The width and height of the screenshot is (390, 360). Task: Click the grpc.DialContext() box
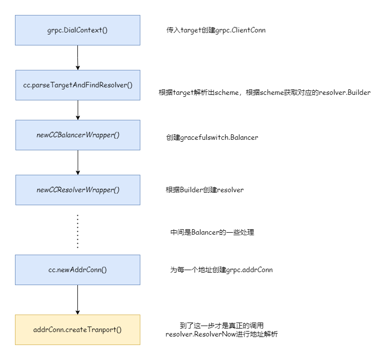tap(77, 30)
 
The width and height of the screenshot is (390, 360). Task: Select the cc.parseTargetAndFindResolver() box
tap(77, 85)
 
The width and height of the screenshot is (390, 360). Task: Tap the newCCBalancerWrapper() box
tap(77, 135)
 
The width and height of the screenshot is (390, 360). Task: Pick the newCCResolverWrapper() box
tap(77, 190)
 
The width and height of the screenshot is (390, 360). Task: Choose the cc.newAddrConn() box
tap(77, 270)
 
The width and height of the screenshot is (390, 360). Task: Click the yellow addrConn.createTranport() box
tap(77, 330)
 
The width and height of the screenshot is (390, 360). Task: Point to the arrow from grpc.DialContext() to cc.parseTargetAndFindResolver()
tap(77, 57)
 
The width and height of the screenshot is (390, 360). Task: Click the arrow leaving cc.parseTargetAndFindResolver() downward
tap(77, 110)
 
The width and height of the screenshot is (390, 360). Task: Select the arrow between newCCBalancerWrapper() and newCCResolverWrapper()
tap(77, 162)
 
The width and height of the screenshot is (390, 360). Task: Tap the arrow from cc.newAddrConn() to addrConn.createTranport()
tap(77, 300)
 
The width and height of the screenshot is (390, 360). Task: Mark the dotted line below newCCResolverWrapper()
tap(77, 231)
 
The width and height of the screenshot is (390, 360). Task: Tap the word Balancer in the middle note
tap(204, 232)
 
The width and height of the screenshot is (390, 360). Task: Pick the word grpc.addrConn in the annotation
tap(249, 270)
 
